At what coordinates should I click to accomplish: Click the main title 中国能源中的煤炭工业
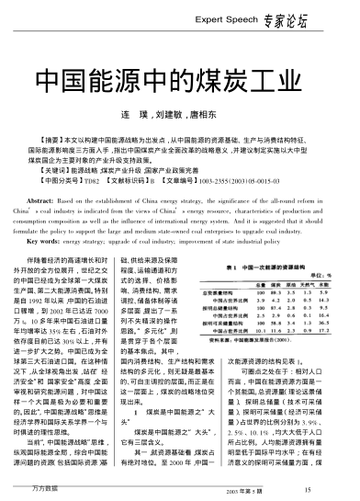(x=179, y=76)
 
